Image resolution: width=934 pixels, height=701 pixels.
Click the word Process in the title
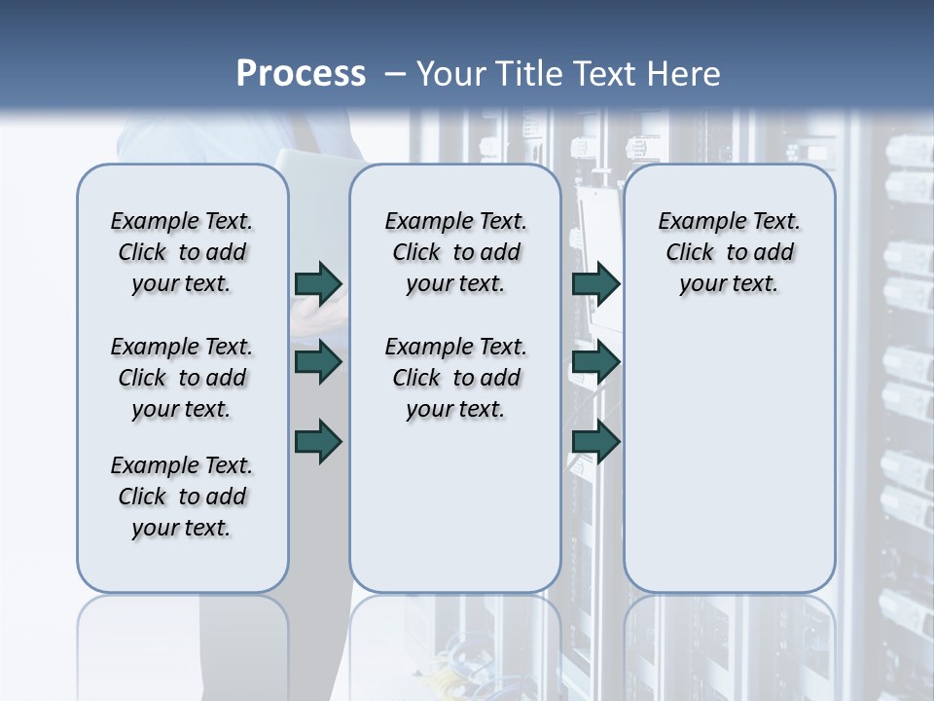pyautogui.click(x=301, y=74)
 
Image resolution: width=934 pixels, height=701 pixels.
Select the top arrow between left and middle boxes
pyautogui.click(x=318, y=283)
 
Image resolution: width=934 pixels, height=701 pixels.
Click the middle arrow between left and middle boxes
pyautogui.click(x=318, y=362)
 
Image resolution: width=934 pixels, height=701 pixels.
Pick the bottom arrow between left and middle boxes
pyautogui.click(x=318, y=442)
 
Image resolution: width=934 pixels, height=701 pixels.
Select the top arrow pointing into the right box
pyautogui.click(x=595, y=283)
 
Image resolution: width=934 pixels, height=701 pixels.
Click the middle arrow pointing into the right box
pyautogui.click(x=595, y=362)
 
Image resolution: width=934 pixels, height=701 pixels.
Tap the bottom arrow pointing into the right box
pyautogui.click(x=595, y=442)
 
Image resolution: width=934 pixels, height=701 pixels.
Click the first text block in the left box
pyautogui.click(x=182, y=252)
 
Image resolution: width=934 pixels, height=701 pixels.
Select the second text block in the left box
pyautogui.click(x=182, y=378)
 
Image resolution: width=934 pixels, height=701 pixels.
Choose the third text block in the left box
pyautogui.click(x=182, y=497)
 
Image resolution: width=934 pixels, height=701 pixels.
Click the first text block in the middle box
pyautogui.click(x=455, y=252)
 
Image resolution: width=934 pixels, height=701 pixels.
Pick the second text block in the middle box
pyautogui.click(x=455, y=378)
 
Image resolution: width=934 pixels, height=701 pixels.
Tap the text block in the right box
pyautogui.click(x=729, y=252)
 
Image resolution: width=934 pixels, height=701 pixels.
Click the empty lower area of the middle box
pyautogui.click(x=455, y=506)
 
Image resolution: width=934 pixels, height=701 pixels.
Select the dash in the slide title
pyautogui.click(x=395, y=74)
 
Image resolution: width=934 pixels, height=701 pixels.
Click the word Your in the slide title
pyautogui.click(x=452, y=74)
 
